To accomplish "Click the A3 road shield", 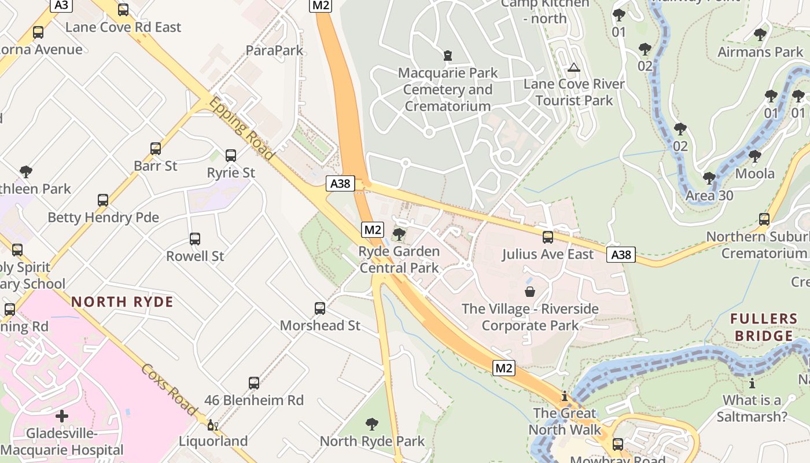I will coord(61,5).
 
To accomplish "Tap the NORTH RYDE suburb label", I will coord(122,302).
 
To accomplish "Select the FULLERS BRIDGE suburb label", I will coord(764,327).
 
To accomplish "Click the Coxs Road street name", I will coord(170,389).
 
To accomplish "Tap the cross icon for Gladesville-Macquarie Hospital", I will coord(62,416).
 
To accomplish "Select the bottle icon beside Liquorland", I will coord(212,425).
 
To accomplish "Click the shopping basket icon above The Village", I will coord(529,292).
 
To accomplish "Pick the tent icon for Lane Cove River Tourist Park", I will coord(573,67).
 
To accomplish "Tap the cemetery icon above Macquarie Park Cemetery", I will coord(447,56).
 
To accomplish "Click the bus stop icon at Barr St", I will coord(155,149).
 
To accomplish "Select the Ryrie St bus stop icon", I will coord(231,156).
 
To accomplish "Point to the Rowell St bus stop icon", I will coord(195,239).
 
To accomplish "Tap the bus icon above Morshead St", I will coord(320,308).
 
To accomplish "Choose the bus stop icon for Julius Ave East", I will coord(547,237).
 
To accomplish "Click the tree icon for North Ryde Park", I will coord(372,424).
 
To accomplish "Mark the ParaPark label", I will coord(274,50).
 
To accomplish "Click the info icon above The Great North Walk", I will coord(565,396).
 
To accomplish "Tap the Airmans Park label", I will coord(760,52).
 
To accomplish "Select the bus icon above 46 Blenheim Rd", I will coord(254,383).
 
